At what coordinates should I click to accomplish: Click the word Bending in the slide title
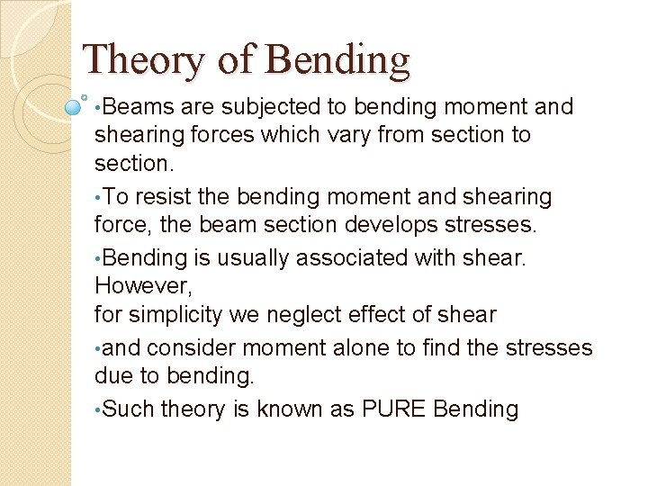click(x=338, y=60)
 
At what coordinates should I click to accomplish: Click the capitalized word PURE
click(x=394, y=409)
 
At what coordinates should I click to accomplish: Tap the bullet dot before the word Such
click(x=97, y=410)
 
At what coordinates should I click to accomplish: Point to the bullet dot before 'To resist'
click(x=97, y=197)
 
